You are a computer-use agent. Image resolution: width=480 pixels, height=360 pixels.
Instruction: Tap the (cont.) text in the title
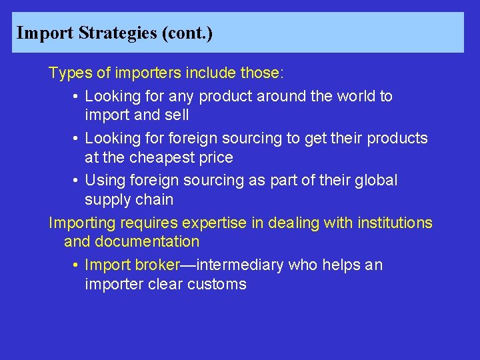coord(187,33)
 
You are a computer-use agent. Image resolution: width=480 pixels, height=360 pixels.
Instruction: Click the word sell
coord(177,115)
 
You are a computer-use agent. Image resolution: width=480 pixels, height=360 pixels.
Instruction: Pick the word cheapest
coord(165,157)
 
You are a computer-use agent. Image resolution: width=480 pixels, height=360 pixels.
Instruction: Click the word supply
coord(107,200)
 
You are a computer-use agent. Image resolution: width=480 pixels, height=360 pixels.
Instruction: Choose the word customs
coord(216,284)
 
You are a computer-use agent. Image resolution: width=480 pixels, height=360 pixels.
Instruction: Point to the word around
coord(269,96)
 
